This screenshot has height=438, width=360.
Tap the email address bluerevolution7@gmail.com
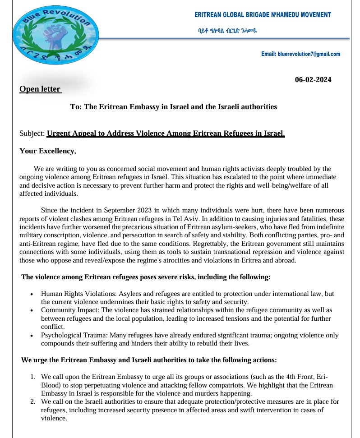coord(309,54)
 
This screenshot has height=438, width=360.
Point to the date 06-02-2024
coord(313,80)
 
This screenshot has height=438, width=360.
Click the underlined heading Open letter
coord(40,89)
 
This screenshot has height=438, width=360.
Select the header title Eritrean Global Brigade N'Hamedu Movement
coord(262,15)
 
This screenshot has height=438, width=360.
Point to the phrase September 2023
coord(113,211)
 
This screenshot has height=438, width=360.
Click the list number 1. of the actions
coord(32,377)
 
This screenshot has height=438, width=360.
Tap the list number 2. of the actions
coord(32,401)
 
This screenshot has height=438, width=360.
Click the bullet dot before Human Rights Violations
coord(31,294)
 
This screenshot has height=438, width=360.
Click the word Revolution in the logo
coord(68,16)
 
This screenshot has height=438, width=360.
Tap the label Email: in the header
coord(268,54)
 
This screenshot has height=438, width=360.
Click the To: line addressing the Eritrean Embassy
coord(174,107)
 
